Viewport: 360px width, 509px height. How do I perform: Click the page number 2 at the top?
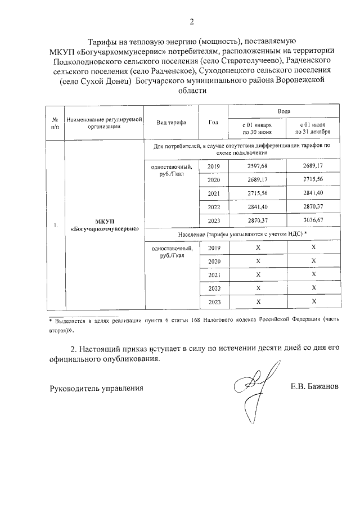pos(191,22)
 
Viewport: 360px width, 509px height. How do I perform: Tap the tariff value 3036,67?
pos(313,220)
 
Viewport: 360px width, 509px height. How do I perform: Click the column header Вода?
pos(283,112)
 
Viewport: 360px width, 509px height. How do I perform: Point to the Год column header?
pos(213,122)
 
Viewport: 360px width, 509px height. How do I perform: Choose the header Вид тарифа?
pos(171,122)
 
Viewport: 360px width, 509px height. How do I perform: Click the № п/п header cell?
pos(55,123)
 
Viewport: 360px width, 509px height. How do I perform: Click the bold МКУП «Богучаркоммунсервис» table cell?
pos(105,227)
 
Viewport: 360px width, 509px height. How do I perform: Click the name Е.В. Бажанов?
pos(315,388)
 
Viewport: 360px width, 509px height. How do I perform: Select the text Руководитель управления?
pos(96,388)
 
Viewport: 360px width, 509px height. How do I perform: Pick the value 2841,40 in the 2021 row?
pos(313,193)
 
